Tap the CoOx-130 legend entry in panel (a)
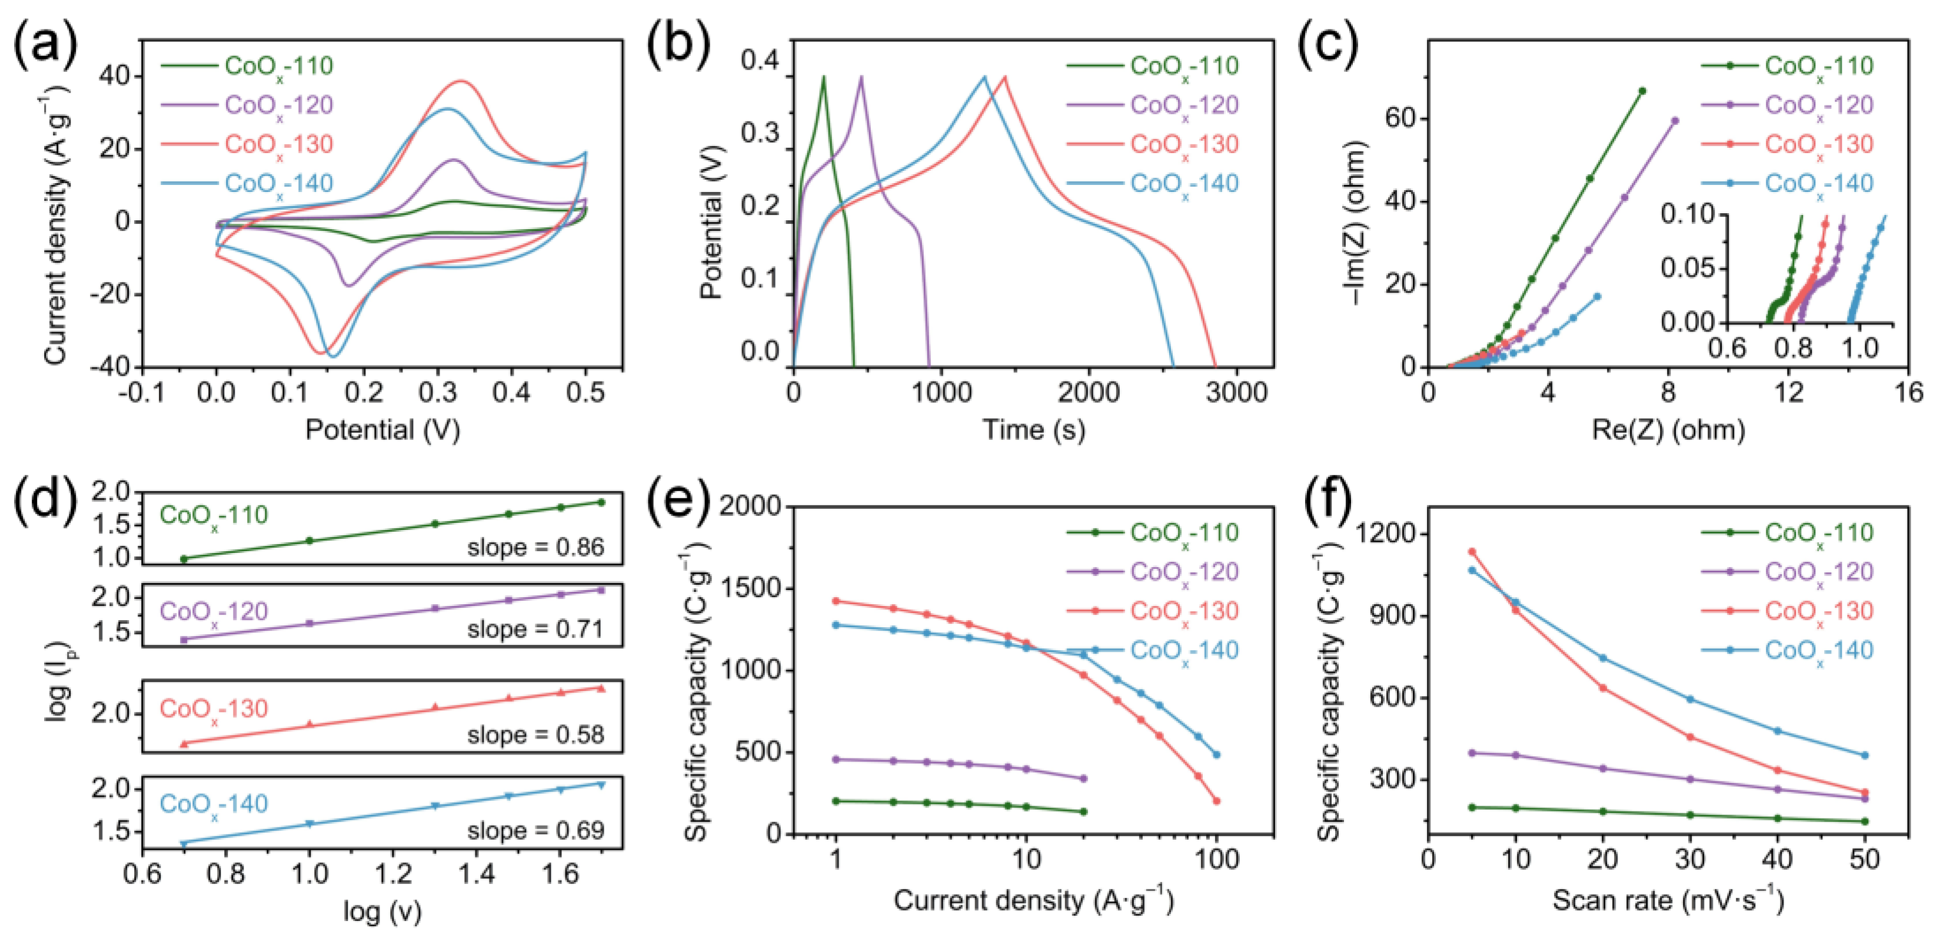(x=278, y=145)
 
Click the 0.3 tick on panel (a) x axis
(x=437, y=392)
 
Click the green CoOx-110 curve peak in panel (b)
(x=824, y=77)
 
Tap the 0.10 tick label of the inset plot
(x=1688, y=216)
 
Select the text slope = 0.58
(x=536, y=735)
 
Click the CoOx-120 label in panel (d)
(x=214, y=612)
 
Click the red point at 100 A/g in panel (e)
(x=1216, y=801)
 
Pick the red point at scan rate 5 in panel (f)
(x=1472, y=552)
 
